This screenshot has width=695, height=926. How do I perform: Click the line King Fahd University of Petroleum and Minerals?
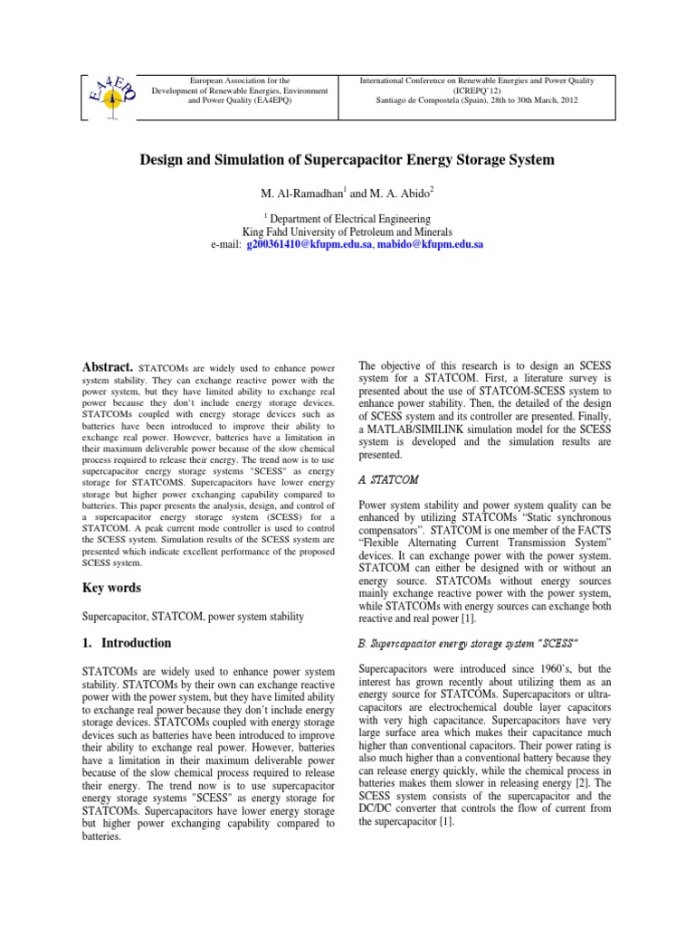[347, 232]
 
